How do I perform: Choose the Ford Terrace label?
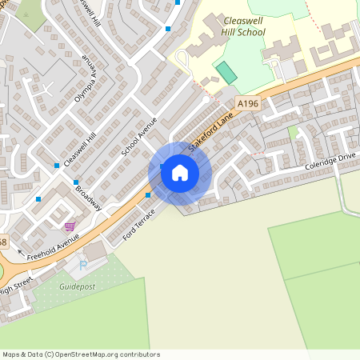pos(138,227)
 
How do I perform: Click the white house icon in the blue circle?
pos(180,172)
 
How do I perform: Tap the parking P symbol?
pos(82,265)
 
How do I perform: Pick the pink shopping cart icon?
pos(70,226)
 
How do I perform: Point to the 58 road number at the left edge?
pos(3,241)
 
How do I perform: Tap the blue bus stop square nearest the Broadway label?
pos(77,182)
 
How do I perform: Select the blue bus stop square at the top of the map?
pos(168,29)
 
